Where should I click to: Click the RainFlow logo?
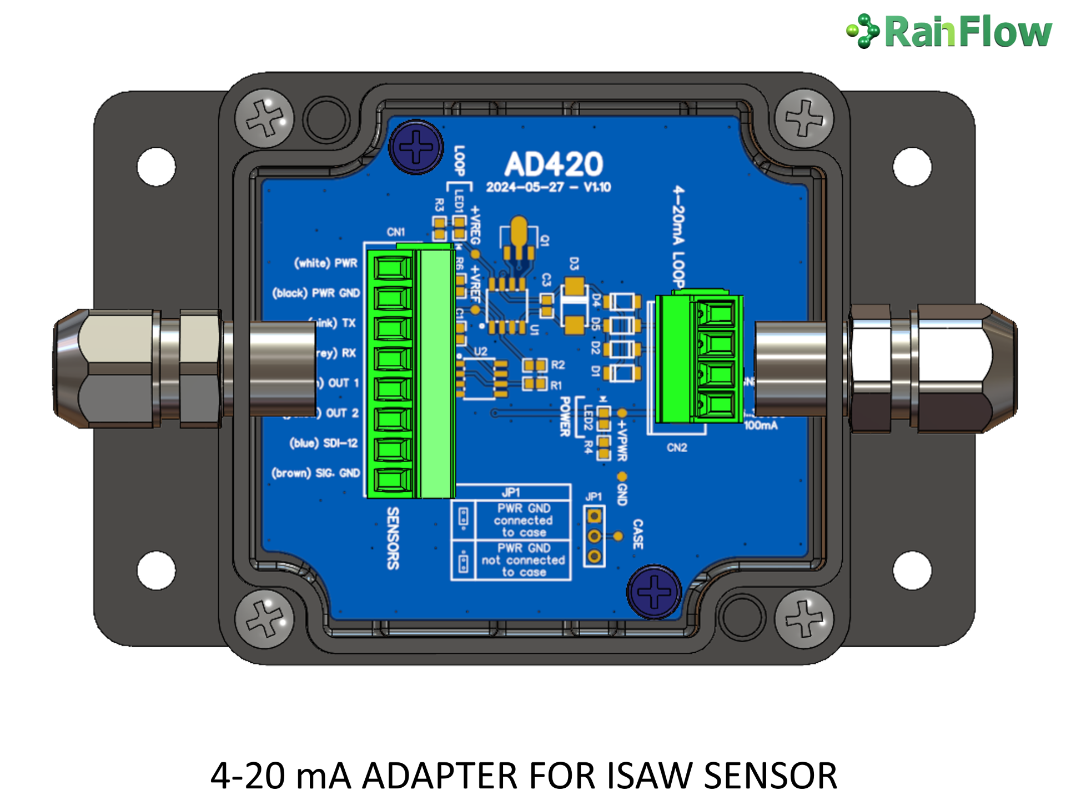pos(949,31)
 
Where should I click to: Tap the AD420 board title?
pos(554,164)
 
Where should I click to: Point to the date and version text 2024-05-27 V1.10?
pos(549,187)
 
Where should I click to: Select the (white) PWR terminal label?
pos(326,263)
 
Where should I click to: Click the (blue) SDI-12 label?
pos(324,443)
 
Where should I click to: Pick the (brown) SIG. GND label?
pos(315,473)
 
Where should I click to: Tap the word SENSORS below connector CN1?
pos(393,538)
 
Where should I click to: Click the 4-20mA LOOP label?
pos(678,236)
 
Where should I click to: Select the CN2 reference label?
pos(677,447)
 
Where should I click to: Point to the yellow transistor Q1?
pos(519,236)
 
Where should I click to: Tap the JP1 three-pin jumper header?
pos(594,536)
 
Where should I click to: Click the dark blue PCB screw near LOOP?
pos(416,147)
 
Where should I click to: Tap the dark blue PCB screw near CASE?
pos(654,591)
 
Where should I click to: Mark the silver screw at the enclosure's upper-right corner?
pos(804,118)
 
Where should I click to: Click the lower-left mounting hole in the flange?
pos(156,570)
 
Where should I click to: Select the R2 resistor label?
pos(557,364)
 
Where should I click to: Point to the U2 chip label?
pos(480,351)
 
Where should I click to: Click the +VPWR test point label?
pos(622,440)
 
